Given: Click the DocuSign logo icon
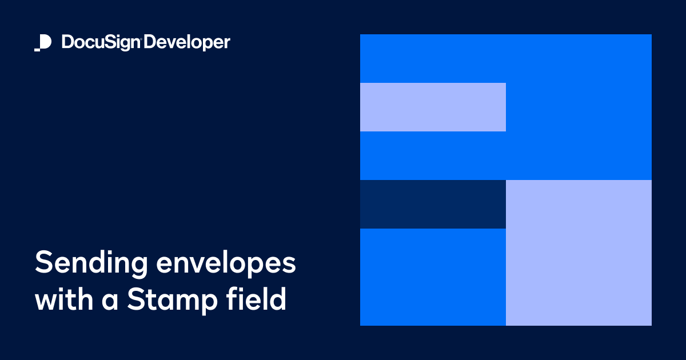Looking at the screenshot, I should (x=43, y=43).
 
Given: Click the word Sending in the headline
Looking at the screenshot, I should (x=90, y=263).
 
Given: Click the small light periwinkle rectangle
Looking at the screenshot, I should (x=433, y=107).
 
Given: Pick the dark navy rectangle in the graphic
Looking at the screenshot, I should (x=433, y=204).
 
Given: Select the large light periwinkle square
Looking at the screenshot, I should (x=579, y=253).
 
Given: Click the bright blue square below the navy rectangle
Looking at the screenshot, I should (x=433, y=277).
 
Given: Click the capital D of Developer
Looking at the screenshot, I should (x=150, y=42).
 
